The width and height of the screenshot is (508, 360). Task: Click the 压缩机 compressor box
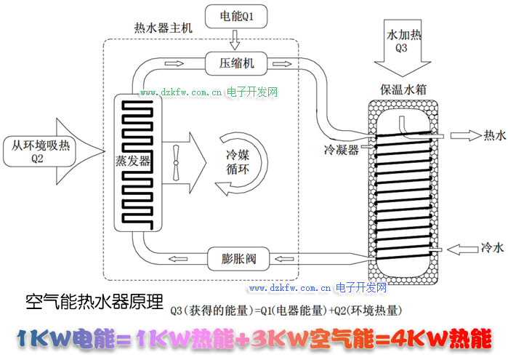tap(238, 64)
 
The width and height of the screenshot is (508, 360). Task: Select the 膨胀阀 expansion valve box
tap(238, 257)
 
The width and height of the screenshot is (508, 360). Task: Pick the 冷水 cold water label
tap(492, 249)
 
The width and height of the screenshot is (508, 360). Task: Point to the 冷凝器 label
tap(340, 150)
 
